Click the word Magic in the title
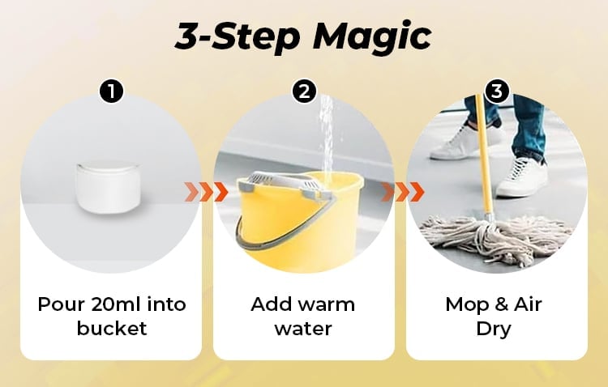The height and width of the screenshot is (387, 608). tap(372, 36)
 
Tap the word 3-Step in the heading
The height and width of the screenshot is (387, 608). tap(237, 36)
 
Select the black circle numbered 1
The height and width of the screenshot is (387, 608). tap(111, 91)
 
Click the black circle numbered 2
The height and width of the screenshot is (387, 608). tap(304, 91)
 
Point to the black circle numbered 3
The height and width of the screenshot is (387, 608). tap(497, 91)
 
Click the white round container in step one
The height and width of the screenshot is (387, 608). tap(108, 187)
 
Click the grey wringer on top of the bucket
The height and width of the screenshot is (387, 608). tap(283, 183)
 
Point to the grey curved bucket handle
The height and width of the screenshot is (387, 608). tap(272, 236)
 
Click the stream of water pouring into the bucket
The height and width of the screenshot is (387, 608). tap(327, 139)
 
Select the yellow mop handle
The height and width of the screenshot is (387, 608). tap(484, 155)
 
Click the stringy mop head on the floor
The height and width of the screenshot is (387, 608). tap(496, 241)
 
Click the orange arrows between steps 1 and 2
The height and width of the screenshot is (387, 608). tap(206, 192)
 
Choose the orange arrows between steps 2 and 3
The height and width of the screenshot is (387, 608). tap(402, 192)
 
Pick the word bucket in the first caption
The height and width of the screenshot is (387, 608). tap(112, 328)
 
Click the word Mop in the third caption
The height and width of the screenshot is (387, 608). tap(466, 305)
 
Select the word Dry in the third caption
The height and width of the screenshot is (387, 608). tap(493, 330)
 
